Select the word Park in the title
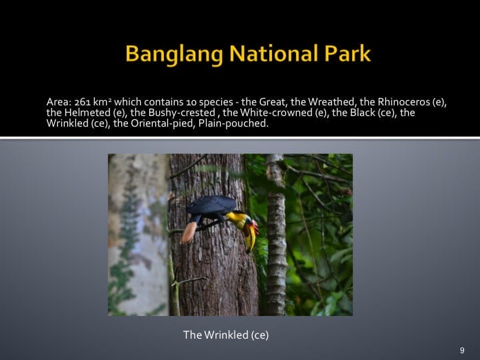(344, 54)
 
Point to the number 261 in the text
(81, 102)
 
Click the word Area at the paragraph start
(58, 102)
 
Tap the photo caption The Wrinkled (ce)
(226, 335)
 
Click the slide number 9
(462, 350)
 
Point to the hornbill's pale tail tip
(189, 231)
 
